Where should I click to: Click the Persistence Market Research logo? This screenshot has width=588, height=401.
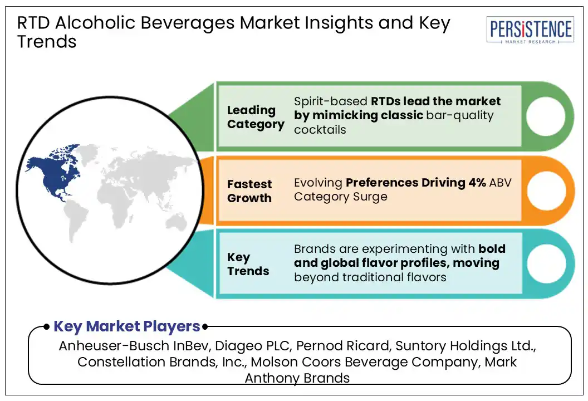[530, 30]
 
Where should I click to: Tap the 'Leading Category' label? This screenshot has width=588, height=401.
[255, 117]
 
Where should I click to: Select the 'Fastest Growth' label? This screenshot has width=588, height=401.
[249, 191]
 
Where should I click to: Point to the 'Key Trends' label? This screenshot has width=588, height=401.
[248, 264]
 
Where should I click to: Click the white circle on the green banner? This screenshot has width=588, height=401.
[545, 116]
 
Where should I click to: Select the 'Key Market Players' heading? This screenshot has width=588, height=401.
[126, 326]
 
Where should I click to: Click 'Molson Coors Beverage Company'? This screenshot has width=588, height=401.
[364, 362]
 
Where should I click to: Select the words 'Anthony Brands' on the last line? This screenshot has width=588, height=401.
[297, 378]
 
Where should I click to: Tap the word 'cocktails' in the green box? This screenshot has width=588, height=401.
[320, 130]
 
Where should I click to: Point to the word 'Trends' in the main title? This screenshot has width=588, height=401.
[47, 41]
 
